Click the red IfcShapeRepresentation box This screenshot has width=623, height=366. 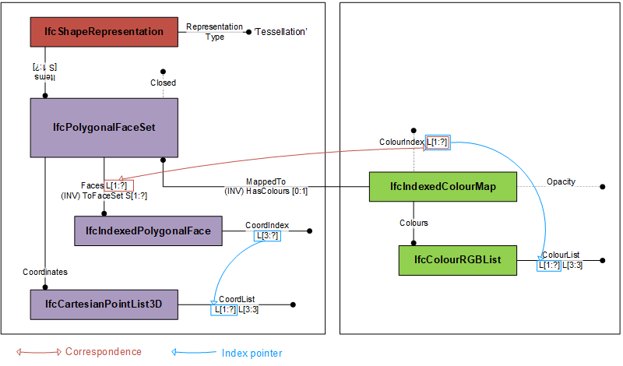104,32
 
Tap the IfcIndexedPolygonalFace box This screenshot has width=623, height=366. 147,231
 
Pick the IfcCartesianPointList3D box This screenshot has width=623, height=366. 104,304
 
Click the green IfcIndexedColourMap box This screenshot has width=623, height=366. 442,187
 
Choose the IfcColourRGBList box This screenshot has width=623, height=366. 458,259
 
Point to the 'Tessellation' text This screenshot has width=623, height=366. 280,32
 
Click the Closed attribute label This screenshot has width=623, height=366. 163,83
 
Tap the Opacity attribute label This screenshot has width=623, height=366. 561,181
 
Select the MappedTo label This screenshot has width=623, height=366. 266,181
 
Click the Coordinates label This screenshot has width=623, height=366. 45,272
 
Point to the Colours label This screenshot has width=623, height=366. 414,223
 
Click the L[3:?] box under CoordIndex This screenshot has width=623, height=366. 266,235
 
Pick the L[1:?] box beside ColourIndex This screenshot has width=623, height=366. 438,143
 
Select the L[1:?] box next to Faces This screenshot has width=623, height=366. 119,185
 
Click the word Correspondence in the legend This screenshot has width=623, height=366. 104,352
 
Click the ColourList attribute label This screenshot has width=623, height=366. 561,255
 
